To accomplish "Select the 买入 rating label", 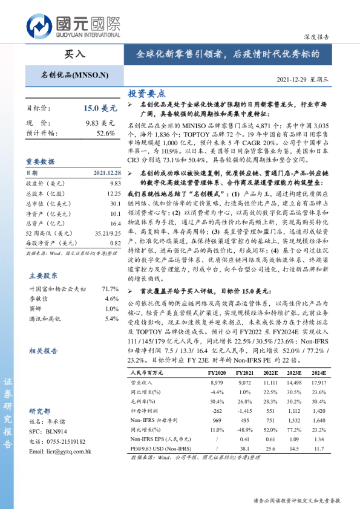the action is point(75,54).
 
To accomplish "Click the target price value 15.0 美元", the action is point(100,109).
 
